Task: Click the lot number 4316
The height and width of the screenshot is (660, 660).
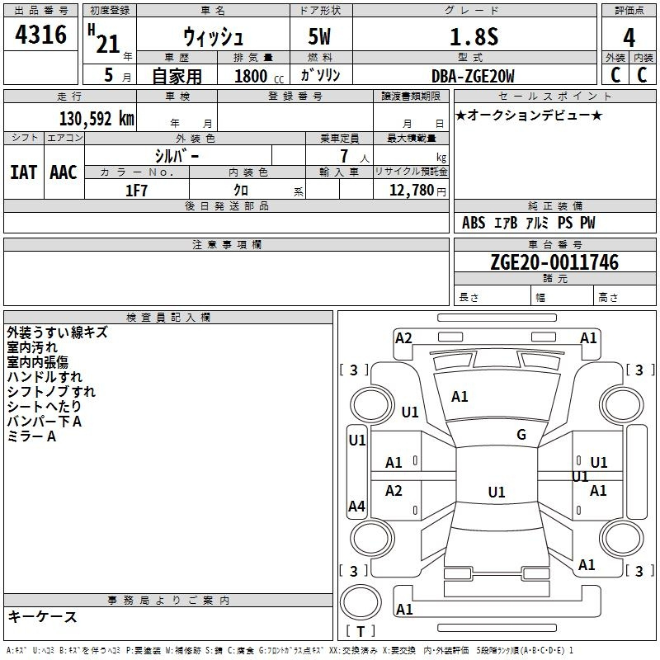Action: click(x=40, y=34)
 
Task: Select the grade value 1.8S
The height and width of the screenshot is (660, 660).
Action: click(x=474, y=36)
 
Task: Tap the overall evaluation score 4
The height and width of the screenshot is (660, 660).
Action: click(x=629, y=37)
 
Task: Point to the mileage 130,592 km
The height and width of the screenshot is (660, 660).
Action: click(x=97, y=119)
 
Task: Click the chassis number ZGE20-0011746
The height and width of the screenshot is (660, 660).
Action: click(x=554, y=262)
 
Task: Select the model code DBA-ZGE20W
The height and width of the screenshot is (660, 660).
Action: click(x=473, y=76)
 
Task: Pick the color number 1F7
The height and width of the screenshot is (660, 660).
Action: click(x=136, y=191)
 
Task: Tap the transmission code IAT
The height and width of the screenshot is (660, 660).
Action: click(x=24, y=172)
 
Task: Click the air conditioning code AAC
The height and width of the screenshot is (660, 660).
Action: click(x=64, y=172)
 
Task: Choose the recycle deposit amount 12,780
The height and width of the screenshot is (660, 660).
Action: click(x=411, y=190)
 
